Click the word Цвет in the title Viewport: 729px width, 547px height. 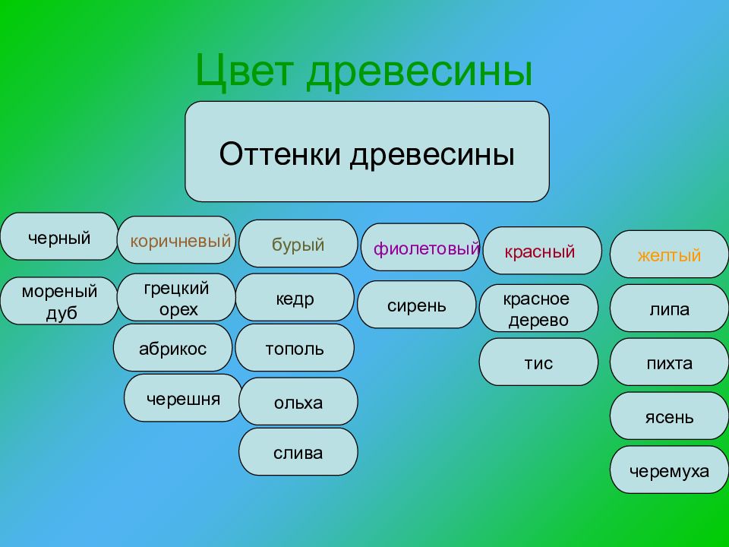pyautogui.click(x=245, y=70)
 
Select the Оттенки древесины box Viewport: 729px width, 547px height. pyautogui.click(x=367, y=152)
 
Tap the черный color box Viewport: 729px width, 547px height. pyautogui.click(x=59, y=236)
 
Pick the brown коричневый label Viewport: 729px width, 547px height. pyautogui.click(x=181, y=241)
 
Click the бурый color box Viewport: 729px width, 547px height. pyautogui.click(x=298, y=243)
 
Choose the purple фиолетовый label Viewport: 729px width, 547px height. pyautogui.click(x=426, y=248)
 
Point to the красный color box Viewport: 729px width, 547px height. pyautogui.click(x=542, y=251)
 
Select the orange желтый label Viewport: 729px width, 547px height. pyautogui.click(x=669, y=255)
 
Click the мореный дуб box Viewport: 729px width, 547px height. pyautogui.click(x=59, y=301)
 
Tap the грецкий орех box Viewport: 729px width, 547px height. pyautogui.click(x=176, y=297)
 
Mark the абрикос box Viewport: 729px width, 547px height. pyautogui.click(x=172, y=347)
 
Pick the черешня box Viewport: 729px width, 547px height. pyautogui.click(x=183, y=397)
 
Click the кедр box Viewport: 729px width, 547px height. pyautogui.click(x=295, y=297)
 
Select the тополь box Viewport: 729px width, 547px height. pyautogui.click(x=295, y=347)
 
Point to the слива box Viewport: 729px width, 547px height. pyautogui.click(x=298, y=451)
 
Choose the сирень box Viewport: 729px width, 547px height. pyautogui.click(x=417, y=304)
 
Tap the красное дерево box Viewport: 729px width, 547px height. pyautogui.click(x=538, y=308)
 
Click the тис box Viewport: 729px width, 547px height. pyautogui.click(x=538, y=362)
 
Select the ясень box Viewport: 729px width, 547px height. pyautogui.click(x=669, y=416)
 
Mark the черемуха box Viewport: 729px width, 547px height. pyautogui.click(x=669, y=470)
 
